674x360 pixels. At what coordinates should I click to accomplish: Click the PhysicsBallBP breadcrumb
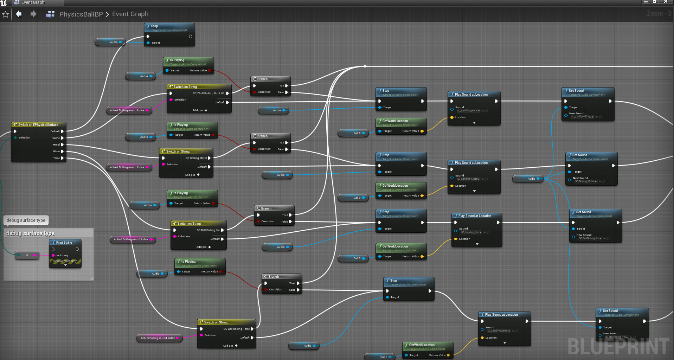81,14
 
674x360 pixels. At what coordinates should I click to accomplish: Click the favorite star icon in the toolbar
6,14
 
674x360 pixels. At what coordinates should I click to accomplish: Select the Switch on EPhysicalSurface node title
38,125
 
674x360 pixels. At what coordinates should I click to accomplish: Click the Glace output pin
62,152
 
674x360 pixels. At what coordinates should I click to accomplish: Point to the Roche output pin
62,138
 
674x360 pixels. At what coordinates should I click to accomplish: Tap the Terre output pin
62,158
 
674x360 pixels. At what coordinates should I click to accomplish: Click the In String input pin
53,256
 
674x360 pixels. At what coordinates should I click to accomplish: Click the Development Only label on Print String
65,261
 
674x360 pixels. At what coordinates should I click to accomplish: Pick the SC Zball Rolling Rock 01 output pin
227,94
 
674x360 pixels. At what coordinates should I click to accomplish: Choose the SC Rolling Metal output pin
209,158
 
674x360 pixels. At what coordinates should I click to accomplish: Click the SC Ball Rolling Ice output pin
222,230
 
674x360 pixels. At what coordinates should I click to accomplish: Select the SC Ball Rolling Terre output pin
252,329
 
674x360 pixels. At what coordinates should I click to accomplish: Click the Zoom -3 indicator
659,13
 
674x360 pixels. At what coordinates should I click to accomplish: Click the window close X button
666,2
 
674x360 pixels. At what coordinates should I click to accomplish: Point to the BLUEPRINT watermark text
618,347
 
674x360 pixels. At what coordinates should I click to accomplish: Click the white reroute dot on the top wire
365,66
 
